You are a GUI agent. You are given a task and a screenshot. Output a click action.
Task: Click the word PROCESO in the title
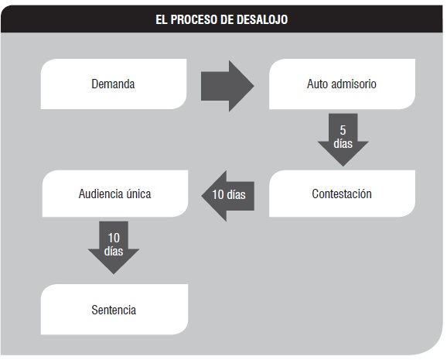point(193,19)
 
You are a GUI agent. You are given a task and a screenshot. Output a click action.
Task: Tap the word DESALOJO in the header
point(262,19)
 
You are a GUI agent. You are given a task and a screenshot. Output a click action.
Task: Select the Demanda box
point(114,84)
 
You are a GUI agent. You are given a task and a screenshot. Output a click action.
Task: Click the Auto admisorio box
point(342,84)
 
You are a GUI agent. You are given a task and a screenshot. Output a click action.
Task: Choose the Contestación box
point(342,194)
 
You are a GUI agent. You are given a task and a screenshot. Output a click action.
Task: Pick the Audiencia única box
point(115,194)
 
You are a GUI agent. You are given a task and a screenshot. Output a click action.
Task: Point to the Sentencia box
point(114,309)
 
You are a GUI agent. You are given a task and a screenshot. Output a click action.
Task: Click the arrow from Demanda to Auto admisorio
point(227,86)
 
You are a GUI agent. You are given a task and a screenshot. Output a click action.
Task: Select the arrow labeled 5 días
point(343,139)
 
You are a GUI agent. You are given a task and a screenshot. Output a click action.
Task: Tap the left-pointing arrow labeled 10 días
point(228,196)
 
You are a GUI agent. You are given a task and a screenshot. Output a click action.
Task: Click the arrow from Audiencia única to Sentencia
point(114,248)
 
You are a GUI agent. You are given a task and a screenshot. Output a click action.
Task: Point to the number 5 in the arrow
point(343,130)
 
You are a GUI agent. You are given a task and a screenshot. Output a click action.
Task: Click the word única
point(138,194)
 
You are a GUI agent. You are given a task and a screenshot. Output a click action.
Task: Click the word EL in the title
point(161,19)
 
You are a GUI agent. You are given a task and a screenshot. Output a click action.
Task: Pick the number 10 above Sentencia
point(114,238)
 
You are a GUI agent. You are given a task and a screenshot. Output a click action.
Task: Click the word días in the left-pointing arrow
point(237,194)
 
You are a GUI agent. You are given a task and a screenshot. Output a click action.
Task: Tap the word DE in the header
point(227,19)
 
